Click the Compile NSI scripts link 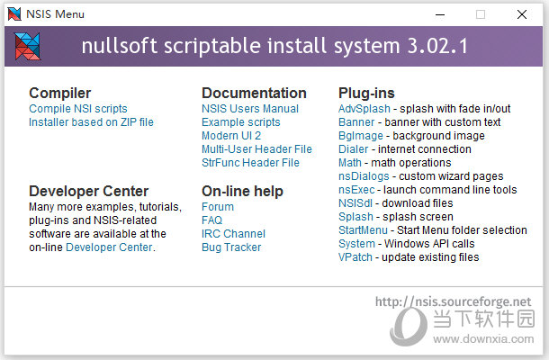tap(78, 109)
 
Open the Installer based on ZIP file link tap(92, 122)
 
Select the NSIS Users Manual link tap(250, 109)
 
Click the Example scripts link tap(241, 122)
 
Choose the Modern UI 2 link tap(231, 136)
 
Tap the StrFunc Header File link tap(251, 163)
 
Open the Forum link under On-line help tap(218, 207)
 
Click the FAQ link tap(211, 220)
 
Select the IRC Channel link tap(233, 234)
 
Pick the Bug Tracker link tap(231, 247)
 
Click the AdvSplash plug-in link tap(364, 109)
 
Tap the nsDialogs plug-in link tap(364, 176)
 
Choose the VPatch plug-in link tap(355, 257)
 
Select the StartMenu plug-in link tap(363, 230)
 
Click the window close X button tap(522, 14)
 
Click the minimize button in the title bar tap(440, 14)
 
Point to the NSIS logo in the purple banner tap(27, 46)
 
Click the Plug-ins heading tap(366, 94)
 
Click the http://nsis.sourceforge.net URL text tap(453, 301)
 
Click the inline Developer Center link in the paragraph tap(109, 247)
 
